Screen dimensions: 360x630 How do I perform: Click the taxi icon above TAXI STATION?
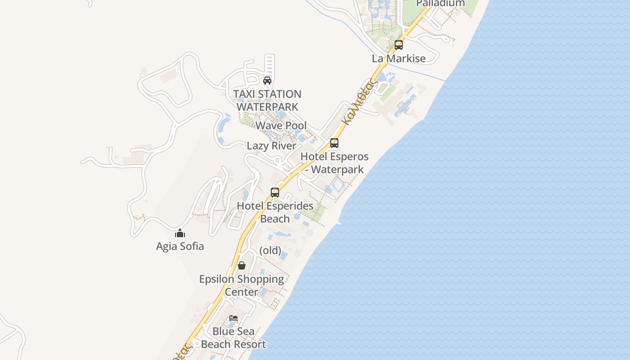[x=267, y=81]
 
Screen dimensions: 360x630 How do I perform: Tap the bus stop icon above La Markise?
[x=399, y=45]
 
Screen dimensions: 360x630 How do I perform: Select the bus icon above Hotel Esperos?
[x=334, y=143]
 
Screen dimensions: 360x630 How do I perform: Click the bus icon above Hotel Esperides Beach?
[x=275, y=193]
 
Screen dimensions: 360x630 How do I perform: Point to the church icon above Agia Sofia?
[x=180, y=233]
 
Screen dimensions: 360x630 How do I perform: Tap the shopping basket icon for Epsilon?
[x=242, y=265]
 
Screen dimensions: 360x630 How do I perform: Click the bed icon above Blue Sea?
[x=233, y=318]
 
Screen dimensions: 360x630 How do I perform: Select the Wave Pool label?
[x=281, y=126]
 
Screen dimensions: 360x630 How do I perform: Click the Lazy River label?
[x=272, y=146]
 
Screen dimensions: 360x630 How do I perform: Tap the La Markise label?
[x=399, y=58]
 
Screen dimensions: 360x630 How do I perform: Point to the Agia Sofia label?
[x=180, y=246]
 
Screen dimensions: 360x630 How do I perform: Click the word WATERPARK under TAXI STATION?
[x=267, y=107]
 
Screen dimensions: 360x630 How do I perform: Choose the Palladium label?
[x=440, y=4]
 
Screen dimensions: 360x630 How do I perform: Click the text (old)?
[x=270, y=250]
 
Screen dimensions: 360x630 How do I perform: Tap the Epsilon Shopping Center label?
[x=242, y=285]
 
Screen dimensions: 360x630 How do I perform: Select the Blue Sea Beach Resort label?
[x=233, y=337]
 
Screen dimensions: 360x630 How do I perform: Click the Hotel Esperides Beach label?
[x=275, y=212]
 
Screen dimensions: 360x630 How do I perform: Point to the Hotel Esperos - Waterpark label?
[x=334, y=163]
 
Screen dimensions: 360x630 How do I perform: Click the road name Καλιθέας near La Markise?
[x=358, y=102]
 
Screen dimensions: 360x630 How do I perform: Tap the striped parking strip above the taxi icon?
[x=270, y=65]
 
